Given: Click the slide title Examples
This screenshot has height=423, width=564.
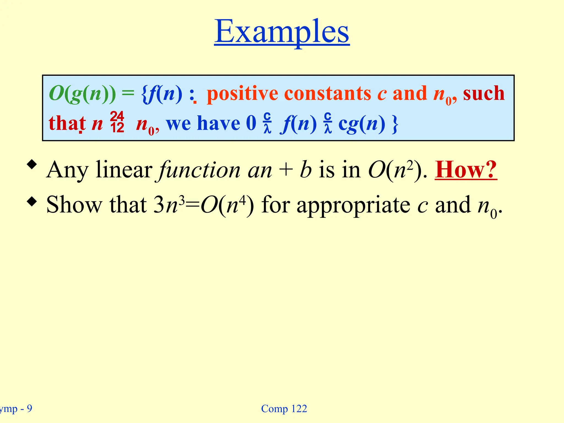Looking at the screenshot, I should pyautogui.click(x=282, y=32).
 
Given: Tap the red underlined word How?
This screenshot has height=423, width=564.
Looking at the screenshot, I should pyautogui.click(x=466, y=170).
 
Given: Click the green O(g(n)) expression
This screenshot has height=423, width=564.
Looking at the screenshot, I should pyautogui.click(x=82, y=94).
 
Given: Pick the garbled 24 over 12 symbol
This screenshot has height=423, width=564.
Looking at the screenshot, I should pyautogui.click(x=117, y=122).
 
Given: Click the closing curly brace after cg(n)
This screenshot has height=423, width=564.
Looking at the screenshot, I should pyautogui.click(x=395, y=124).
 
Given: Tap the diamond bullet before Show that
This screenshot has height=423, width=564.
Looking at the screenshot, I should pyautogui.click(x=32, y=202).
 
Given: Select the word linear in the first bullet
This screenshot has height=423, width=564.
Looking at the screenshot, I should pyautogui.click(x=124, y=170).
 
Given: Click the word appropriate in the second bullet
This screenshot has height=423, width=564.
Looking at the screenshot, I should pyautogui.click(x=353, y=205).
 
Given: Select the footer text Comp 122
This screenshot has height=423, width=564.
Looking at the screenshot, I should pyautogui.click(x=284, y=409).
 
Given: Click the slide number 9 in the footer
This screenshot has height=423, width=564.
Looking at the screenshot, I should pyautogui.click(x=29, y=408).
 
